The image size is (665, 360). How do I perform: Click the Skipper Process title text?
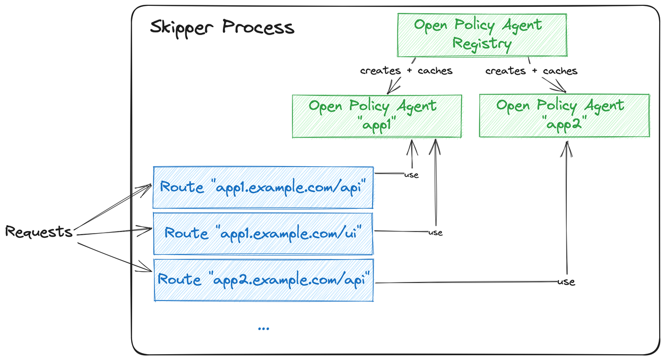pos(221,27)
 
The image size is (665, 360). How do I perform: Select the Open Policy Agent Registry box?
pos(482,35)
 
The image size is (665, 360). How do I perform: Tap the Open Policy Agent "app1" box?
pos(377,116)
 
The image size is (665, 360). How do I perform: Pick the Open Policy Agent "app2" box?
pos(564,116)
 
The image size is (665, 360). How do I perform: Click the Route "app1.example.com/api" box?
pos(263,187)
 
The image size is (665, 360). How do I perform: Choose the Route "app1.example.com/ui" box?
pos(263,233)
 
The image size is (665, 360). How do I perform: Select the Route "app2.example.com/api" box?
pos(263,280)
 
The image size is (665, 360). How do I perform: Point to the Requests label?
pos(39,232)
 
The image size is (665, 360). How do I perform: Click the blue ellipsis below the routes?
pos(263,329)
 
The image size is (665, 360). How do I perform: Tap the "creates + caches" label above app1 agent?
pos(406,71)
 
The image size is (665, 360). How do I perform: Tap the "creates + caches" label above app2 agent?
pos(531,71)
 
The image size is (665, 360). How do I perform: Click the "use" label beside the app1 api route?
pos(411,175)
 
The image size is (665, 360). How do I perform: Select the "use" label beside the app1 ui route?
pos(435,233)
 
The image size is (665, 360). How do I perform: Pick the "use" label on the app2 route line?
pos(566,281)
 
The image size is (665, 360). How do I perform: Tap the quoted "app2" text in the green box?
pos(564,124)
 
